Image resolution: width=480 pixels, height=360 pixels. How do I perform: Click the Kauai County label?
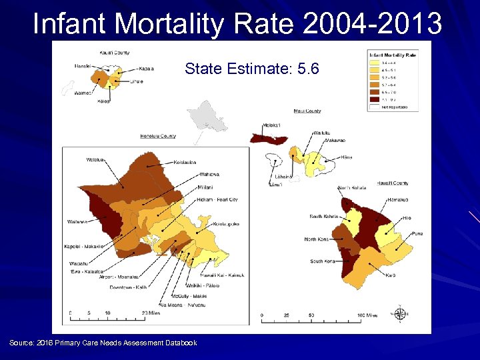(x=115, y=52)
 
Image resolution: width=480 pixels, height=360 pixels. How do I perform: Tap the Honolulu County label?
(x=158, y=136)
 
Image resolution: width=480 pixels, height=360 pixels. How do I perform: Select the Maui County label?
(x=307, y=111)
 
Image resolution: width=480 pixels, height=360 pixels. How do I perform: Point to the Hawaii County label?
(x=392, y=183)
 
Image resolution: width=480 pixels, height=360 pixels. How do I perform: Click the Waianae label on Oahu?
(x=77, y=221)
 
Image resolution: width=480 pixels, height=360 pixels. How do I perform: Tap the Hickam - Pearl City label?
(x=217, y=199)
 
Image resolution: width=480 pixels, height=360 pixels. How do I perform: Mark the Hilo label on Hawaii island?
(x=407, y=218)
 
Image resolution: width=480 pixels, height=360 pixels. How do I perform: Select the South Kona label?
(x=323, y=261)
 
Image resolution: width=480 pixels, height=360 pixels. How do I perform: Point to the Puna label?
(x=417, y=233)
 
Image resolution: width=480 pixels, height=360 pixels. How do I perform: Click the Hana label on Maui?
(x=346, y=157)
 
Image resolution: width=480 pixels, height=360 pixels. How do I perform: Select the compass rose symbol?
(x=401, y=313)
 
